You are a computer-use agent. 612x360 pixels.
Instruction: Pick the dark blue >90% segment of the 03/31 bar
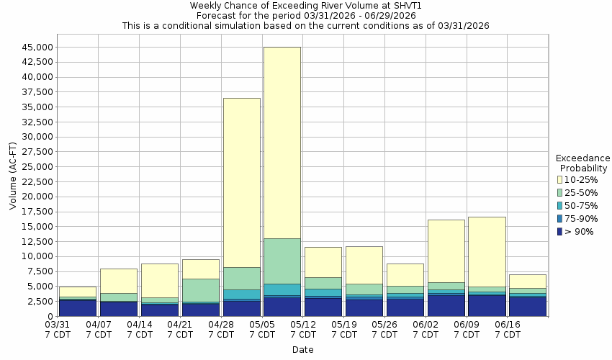(78, 308)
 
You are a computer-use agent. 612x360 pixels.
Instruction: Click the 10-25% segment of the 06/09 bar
(487, 251)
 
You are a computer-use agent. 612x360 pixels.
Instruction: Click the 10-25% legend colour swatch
(560, 180)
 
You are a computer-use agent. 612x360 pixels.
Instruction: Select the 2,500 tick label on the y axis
(38, 302)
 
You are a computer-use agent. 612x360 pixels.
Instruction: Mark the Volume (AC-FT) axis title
(14, 181)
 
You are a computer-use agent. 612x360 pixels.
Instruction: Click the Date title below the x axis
(302, 350)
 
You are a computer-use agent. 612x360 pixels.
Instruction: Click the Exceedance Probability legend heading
(583, 163)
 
